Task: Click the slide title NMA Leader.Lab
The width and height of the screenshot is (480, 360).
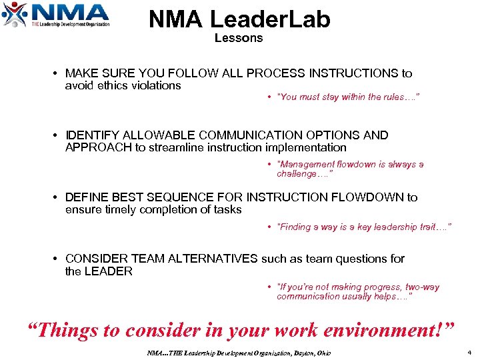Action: pyautogui.click(x=239, y=19)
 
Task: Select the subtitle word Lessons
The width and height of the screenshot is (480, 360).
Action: pyautogui.click(x=239, y=38)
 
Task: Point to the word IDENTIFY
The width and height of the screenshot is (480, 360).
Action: pyautogui.click(x=92, y=135)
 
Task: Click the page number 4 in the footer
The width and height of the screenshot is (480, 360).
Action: pyautogui.click(x=469, y=352)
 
